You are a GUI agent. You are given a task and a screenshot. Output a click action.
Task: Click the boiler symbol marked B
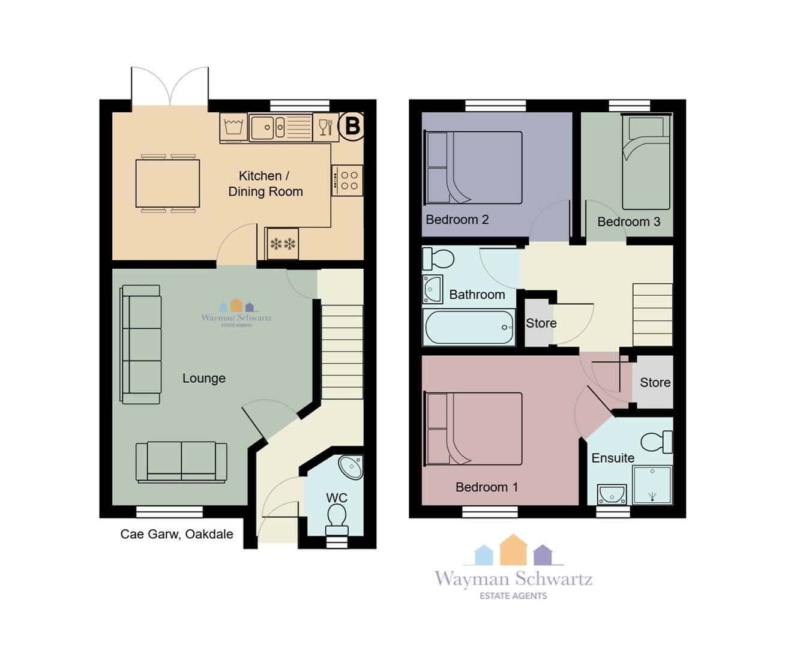(351, 126)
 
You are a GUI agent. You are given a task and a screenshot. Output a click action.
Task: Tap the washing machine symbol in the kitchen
(233, 127)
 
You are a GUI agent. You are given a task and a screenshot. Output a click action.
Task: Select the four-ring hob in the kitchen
(347, 181)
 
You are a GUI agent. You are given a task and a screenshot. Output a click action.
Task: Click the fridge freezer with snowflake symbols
(282, 244)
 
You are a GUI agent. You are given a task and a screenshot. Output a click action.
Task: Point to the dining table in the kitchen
(167, 184)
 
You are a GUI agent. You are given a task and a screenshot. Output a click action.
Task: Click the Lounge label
(204, 378)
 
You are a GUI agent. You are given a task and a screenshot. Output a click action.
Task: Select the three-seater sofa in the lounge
(140, 344)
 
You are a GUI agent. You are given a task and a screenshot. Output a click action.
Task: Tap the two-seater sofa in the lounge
(181, 463)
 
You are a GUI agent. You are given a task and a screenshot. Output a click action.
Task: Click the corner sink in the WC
(351, 467)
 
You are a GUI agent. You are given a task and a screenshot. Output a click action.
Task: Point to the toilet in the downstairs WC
(337, 520)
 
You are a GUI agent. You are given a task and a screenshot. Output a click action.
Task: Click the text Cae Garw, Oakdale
(176, 534)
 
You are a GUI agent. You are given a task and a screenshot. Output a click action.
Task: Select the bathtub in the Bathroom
(469, 328)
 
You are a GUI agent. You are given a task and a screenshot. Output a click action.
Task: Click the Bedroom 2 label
(457, 220)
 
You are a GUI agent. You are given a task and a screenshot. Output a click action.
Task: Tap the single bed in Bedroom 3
(646, 161)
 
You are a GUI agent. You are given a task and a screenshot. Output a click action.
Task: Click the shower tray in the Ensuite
(652, 485)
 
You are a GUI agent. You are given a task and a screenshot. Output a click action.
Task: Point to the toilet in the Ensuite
(657, 442)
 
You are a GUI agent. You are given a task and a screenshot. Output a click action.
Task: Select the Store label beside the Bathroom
(541, 323)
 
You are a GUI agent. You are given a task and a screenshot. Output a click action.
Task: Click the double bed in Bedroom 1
(474, 429)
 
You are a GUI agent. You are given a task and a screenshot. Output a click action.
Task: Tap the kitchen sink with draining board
(280, 127)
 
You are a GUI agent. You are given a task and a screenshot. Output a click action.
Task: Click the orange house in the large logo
(513, 550)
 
